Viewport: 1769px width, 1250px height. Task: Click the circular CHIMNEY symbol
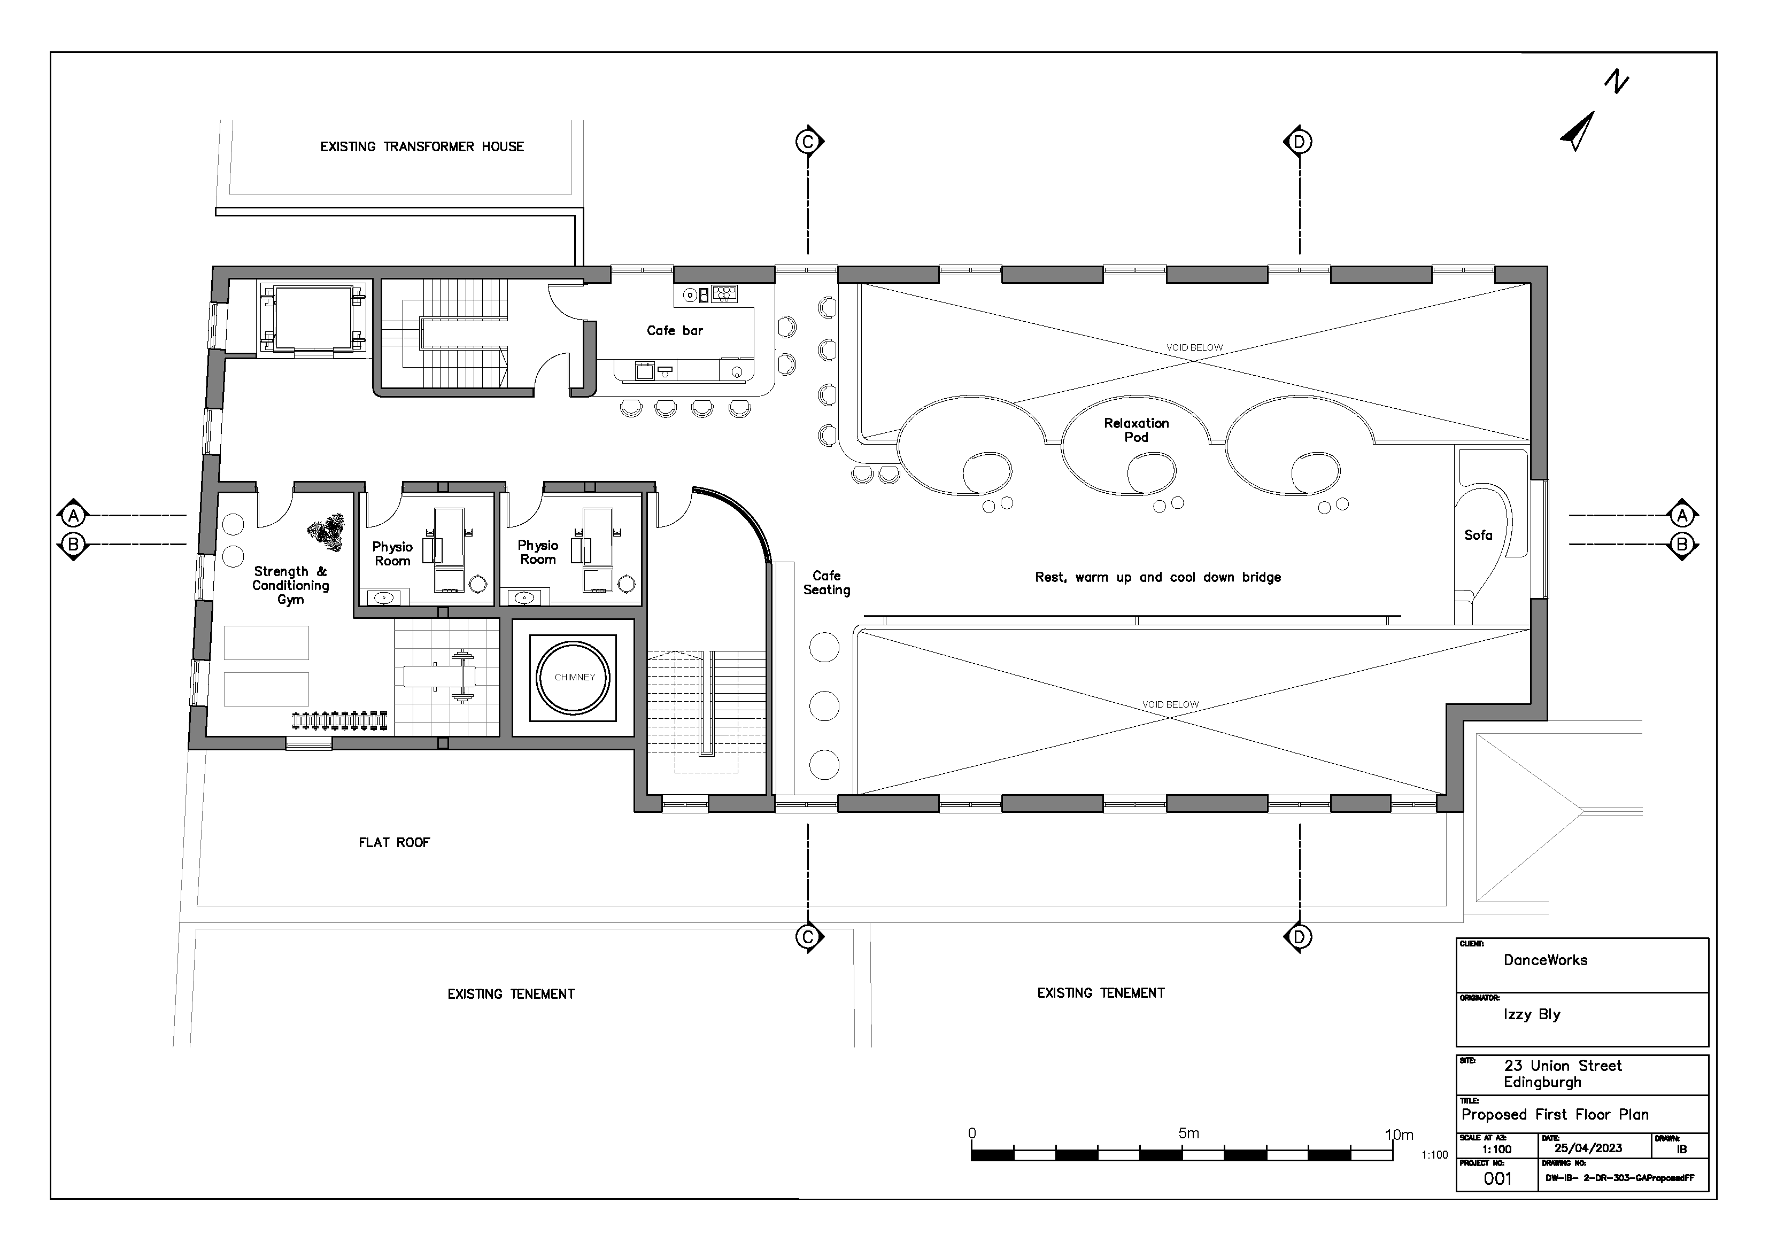tap(574, 678)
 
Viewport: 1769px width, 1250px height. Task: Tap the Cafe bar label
tap(675, 330)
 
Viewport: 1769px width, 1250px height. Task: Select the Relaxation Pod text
tap(1137, 430)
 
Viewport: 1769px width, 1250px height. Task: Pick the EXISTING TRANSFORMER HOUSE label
tap(422, 147)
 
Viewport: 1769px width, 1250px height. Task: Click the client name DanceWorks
tap(1546, 960)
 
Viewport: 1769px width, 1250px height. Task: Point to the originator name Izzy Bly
tap(1532, 1014)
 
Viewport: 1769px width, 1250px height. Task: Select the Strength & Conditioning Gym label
tap(290, 585)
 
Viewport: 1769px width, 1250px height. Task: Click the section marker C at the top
tap(807, 142)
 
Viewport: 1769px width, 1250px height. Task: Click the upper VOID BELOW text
tap(1194, 347)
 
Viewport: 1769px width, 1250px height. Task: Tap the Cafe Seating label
tap(826, 583)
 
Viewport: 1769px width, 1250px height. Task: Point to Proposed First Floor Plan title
tap(1555, 1114)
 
